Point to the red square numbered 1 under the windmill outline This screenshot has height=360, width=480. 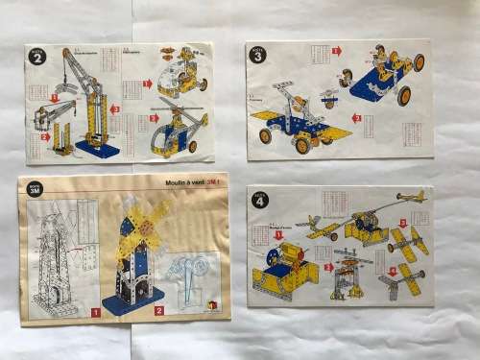[95, 312]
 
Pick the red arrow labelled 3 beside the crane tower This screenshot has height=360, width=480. [115, 109]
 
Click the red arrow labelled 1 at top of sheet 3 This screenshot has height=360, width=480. [336, 51]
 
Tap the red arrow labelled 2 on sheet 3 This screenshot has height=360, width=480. [356, 118]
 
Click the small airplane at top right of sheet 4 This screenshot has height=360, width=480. [411, 196]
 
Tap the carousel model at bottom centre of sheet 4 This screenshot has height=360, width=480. [348, 278]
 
